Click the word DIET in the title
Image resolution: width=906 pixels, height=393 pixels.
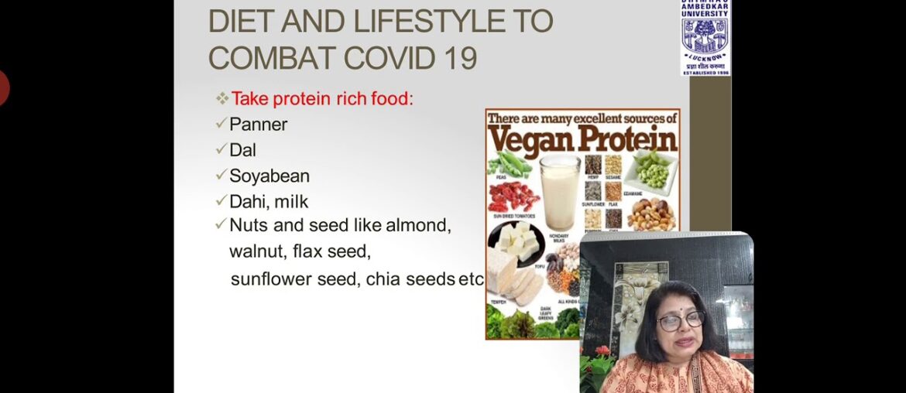pyautogui.click(x=237, y=22)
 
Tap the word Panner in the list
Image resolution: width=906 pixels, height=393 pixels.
pyautogui.click(x=258, y=124)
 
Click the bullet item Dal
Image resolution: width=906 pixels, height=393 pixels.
pyautogui.click(x=242, y=150)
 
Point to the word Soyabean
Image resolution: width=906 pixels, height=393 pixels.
pyautogui.click(x=269, y=176)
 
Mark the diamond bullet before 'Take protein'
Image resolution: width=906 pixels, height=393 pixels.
pyautogui.click(x=222, y=98)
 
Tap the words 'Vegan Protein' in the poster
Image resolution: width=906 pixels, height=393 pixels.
pyautogui.click(x=582, y=140)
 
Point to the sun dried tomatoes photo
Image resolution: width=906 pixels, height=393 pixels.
pyautogui.click(x=512, y=198)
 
